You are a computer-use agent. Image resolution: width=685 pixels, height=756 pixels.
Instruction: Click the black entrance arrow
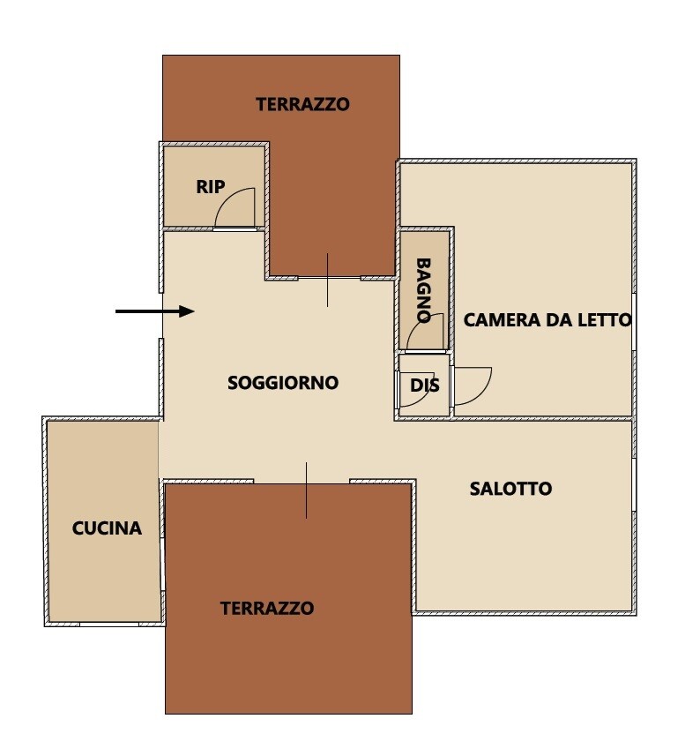tap(154, 311)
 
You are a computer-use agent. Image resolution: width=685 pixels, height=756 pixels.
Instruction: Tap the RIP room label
tap(211, 187)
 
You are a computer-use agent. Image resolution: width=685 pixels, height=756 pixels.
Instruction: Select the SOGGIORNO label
tap(283, 383)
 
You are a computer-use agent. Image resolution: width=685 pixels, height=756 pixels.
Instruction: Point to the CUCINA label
tap(107, 528)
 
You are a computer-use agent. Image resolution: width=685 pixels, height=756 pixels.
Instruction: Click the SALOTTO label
tap(510, 489)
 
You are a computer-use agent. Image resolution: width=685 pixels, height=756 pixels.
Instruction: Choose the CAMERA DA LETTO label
tap(547, 319)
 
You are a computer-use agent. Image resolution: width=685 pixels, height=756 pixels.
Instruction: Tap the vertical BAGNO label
tap(423, 290)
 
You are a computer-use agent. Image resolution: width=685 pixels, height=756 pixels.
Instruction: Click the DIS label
tap(424, 385)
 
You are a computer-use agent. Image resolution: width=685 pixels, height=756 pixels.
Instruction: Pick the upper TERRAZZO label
tap(302, 105)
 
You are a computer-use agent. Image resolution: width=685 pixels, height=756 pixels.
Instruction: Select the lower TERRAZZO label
tap(267, 608)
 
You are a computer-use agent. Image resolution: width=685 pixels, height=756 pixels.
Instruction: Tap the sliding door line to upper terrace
tap(328, 280)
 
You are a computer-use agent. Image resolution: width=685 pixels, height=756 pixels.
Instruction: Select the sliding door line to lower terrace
tap(307, 490)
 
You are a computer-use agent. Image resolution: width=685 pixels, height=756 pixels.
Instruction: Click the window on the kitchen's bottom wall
tap(109, 625)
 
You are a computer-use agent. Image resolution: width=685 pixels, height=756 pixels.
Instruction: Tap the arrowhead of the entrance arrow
tap(187, 311)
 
